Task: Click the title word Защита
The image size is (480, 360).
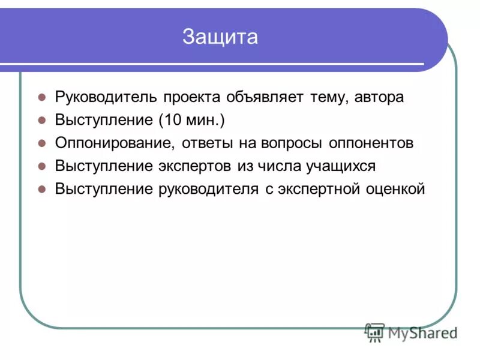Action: point(220,37)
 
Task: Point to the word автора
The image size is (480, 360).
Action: point(379,98)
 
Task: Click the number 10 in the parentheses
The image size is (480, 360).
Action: point(172,121)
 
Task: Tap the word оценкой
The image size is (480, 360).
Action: point(395,189)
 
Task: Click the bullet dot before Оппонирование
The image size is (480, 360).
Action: point(42,143)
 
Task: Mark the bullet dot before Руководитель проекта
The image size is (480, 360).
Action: point(42,97)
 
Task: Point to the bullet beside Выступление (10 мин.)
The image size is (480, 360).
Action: point(42,120)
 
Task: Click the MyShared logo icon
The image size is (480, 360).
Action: point(375,332)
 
